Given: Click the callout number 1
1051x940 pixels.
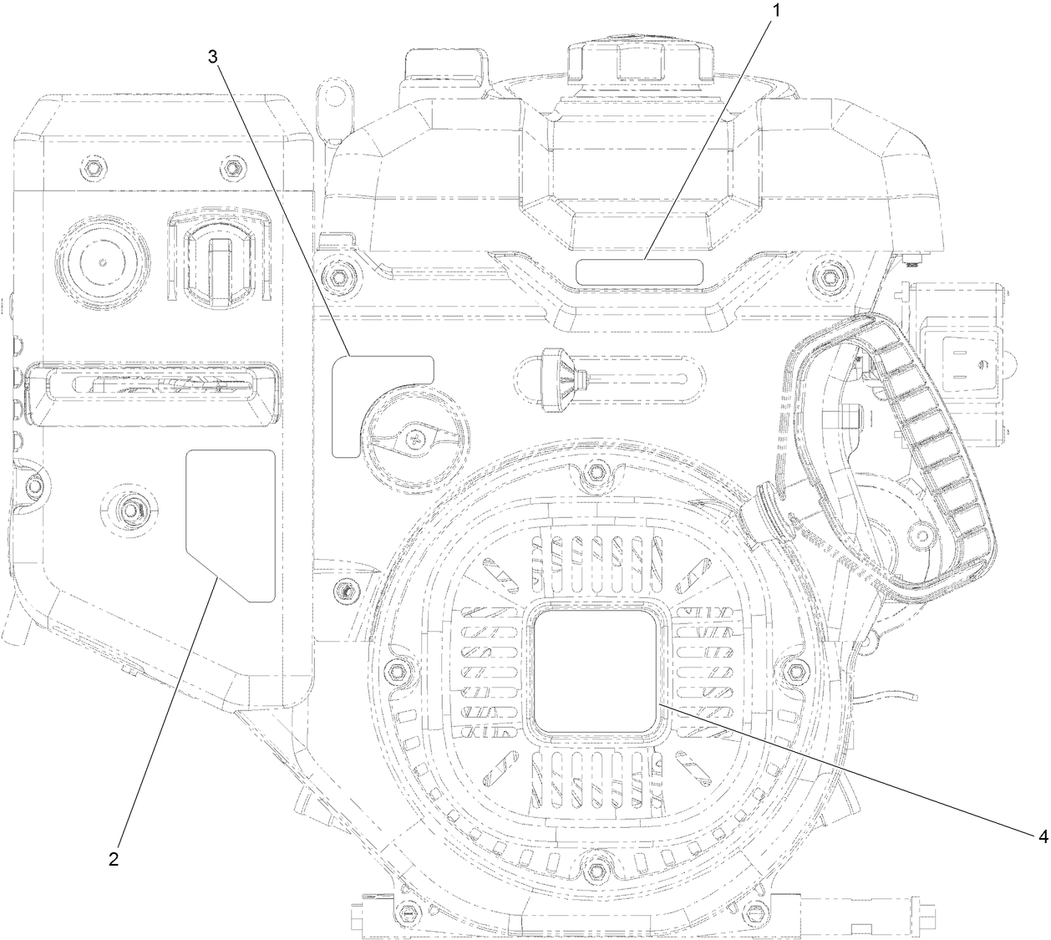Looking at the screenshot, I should click(776, 11).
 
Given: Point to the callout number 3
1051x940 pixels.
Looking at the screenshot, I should click(214, 57).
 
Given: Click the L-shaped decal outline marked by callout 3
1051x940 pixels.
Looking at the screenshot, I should click(351, 401).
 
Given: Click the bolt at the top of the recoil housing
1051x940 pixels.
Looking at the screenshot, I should click(595, 473).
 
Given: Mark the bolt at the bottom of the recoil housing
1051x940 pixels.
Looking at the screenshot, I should click(595, 871).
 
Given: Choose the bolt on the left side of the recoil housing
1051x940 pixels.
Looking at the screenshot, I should click(395, 673).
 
